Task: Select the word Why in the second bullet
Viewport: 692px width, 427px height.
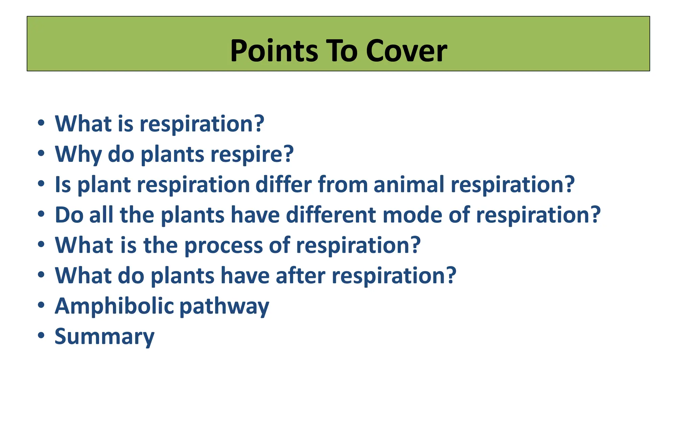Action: (78, 154)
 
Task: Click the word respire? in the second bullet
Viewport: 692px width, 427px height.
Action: (252, 154)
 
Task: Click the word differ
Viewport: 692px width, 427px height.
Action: (283, 185)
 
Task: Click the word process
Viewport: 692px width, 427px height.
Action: (223, 245)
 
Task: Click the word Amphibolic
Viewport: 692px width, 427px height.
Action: (114, 306)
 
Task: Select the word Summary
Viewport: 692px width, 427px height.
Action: (104, 337)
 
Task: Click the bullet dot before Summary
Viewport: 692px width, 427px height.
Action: (41, 336)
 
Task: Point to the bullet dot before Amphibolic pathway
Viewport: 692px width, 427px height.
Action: (41, 305)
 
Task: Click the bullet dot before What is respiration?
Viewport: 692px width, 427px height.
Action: (41, 123)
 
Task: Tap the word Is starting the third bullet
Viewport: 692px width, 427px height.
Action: (63, 185)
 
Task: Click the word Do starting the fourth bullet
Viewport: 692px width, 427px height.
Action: (69, 215)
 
